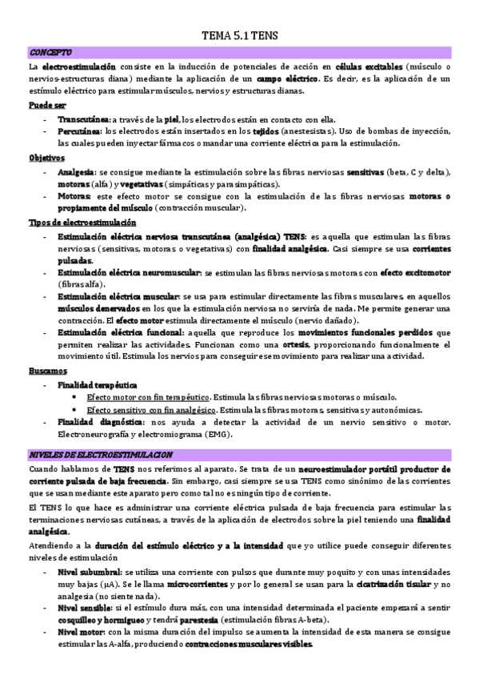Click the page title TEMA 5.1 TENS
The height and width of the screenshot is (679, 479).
pos(240,36)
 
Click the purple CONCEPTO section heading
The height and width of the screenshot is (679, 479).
pos(50,52)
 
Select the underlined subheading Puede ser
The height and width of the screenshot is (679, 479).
pos(48,105)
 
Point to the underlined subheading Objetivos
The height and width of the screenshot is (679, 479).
pos(46,158)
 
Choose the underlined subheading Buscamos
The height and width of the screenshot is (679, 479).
pos(49,371)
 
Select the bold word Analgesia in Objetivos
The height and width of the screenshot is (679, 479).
pos(76,171)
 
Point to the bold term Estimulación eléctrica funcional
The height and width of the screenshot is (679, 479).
pos(120,331)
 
